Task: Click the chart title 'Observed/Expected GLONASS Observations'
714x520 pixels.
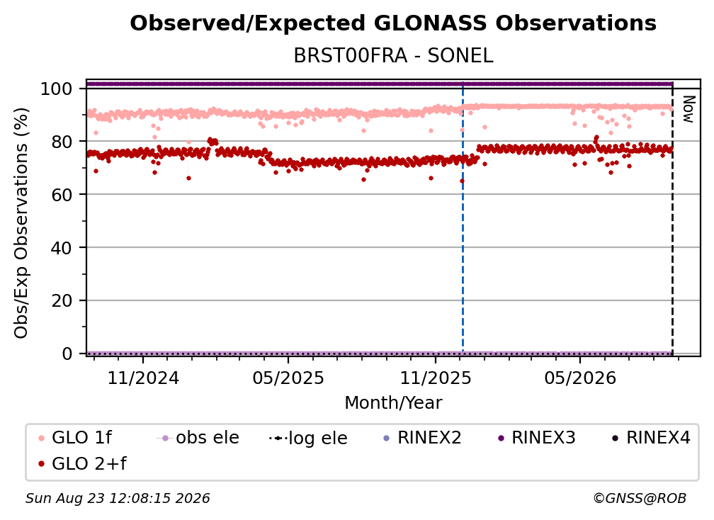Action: click(x=393, y=23)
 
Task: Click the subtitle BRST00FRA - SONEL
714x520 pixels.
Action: click(x=393, y=56)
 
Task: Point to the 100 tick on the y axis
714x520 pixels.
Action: click(x=56, y=89)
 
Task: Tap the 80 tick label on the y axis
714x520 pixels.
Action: click(x=62, y=142)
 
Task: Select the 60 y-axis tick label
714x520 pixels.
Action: click(x=62, y=194)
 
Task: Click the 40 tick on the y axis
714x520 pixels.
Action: click(x=62, y=248)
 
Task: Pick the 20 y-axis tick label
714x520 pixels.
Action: click(x=62, y=300)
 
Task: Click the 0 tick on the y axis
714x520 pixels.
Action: click(x=67, y=354)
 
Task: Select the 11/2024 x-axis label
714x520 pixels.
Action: click(x=143, y=378)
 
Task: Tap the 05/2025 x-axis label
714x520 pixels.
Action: click(x=288, y=378)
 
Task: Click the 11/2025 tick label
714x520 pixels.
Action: click(x=436, y=378)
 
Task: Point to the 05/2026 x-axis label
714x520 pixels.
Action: click(x=579, y=378)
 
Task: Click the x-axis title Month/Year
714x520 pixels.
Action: click(x=393, y=402)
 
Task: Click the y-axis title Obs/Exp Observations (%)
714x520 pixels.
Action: click(x=21, y=223)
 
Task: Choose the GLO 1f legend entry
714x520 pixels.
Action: click(x=76, y=438)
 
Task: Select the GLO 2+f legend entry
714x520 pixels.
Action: click(x=82, y=464)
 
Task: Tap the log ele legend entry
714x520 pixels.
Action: click(x=308, y=438)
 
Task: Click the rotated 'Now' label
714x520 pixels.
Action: click(x=688, y=109)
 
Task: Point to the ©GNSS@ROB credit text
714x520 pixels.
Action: click(x=640, y=499)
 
